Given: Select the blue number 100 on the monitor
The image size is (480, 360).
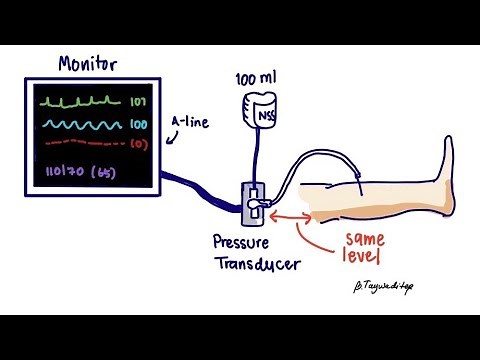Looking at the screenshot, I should pos(138,126).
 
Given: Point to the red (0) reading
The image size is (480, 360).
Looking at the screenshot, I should pos(138,146).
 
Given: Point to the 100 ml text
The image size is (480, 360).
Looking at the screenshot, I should pos(254,78).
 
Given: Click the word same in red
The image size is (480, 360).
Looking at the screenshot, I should pos(365,240).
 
